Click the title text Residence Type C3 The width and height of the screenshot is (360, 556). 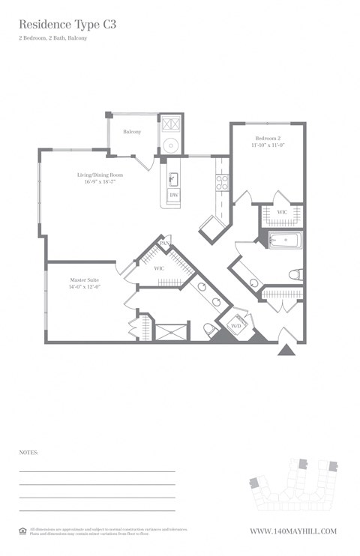point(67,24)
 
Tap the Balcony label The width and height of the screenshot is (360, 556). point(132,132)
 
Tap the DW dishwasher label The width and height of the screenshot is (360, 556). point(174,195)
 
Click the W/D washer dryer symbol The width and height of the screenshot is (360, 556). point(235,326)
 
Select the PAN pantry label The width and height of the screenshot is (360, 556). point(164,244)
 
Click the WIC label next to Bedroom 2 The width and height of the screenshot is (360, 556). point(282,213)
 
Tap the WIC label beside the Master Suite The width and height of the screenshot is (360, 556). point(159,268)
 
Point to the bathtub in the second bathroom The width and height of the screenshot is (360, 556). point(285,241)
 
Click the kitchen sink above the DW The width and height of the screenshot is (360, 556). point(172,178)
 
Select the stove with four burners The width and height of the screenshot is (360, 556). point(222,180)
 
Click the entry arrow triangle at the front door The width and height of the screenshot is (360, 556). point(286,349)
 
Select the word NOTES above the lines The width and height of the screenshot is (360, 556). point(28,453)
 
